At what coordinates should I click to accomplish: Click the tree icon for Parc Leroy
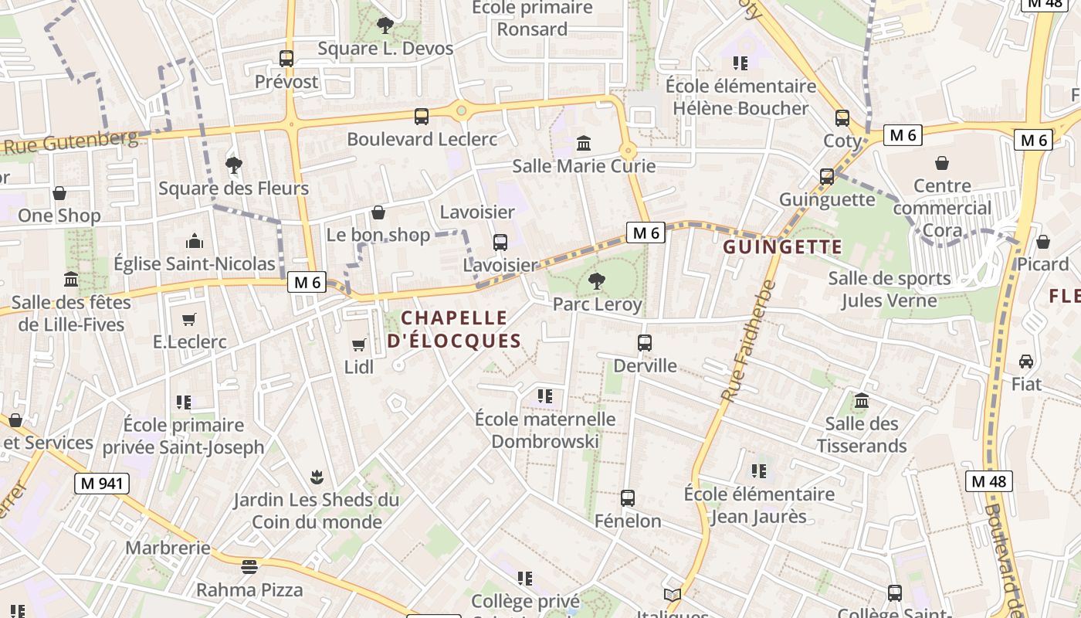point(596,281)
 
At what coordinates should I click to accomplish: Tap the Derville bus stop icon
point(645,342)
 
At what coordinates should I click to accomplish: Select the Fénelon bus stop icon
point(627,498)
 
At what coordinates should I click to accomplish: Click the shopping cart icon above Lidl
point(358,345)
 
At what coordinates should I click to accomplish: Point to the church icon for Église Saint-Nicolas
point(195,241)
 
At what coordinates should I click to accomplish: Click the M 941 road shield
point(102,484)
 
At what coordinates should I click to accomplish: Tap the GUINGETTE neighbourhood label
point(782,247)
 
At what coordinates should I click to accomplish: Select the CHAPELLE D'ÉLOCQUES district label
point(454,329)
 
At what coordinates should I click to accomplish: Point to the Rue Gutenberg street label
point(72,142)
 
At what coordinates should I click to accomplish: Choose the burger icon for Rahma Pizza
point(249,567)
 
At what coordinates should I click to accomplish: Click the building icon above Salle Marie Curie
point(584,143)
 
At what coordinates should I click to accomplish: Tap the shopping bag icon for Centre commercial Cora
point(941,163)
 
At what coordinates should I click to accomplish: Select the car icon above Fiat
point(1026,361)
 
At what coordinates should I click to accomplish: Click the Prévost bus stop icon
point(286,58)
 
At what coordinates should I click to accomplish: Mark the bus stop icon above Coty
point(842,118)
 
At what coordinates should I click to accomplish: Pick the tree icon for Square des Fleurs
point(233,165)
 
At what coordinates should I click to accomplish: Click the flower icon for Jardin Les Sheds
point(316,477)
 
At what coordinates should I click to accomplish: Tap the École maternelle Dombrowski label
point(545,430)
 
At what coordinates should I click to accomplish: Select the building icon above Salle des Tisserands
point(862,401)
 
